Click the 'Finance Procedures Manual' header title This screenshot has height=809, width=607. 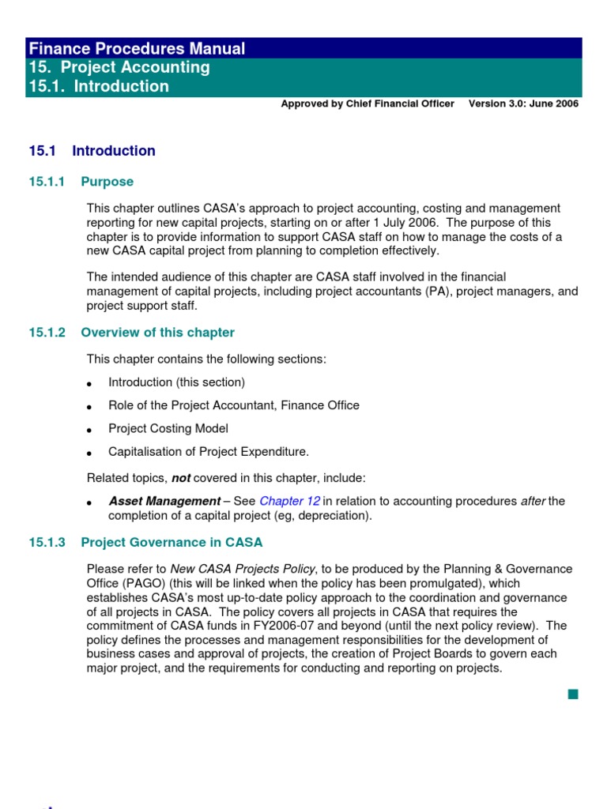tap(137, 48)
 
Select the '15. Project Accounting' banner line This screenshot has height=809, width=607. tap(119, 67)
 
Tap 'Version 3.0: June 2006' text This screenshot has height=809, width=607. tap(523, 103)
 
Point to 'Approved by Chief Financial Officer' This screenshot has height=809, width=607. tap(368, 103)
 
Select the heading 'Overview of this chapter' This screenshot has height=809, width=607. tap(157, 333)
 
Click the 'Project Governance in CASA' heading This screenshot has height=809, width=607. tap(172, 543)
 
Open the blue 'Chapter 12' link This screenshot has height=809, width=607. tap(289, 501)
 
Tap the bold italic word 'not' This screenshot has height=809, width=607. tap(181, 478)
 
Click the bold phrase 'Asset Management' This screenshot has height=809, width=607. tap(164, 501)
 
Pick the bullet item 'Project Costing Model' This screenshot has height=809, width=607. tap(168, 428)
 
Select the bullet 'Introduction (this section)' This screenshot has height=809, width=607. tap(176, 382)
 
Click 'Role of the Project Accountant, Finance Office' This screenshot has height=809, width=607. tap(233, 405)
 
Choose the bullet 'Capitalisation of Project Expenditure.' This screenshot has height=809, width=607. tap(209, 452)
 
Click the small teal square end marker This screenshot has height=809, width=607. tap(572, 694)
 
